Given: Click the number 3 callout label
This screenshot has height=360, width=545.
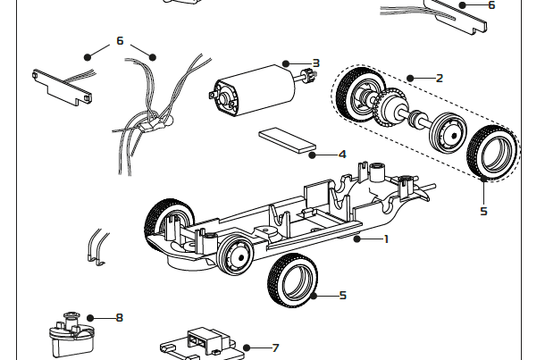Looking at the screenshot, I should tap(316, 63).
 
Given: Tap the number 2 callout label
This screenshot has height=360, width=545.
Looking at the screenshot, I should tap(439, 78).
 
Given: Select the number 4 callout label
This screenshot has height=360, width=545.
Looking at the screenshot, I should tap(342, 154).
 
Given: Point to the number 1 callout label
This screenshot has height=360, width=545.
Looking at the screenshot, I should tap(386, 239).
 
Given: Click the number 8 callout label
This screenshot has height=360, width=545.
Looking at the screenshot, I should tap(120, 317).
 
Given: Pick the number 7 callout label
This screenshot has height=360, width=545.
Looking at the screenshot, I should tap(275, 347).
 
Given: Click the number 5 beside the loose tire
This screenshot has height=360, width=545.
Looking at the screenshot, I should tap(342, 295).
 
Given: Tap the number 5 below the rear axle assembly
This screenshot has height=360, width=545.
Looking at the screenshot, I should tap(483, 211).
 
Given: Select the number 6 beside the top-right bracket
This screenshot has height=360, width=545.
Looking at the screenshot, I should tap(490, 5).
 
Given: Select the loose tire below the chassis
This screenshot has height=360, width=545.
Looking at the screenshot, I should tap(291, 278).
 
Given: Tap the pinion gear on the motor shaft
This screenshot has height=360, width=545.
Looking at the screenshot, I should tap(307, 78).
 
